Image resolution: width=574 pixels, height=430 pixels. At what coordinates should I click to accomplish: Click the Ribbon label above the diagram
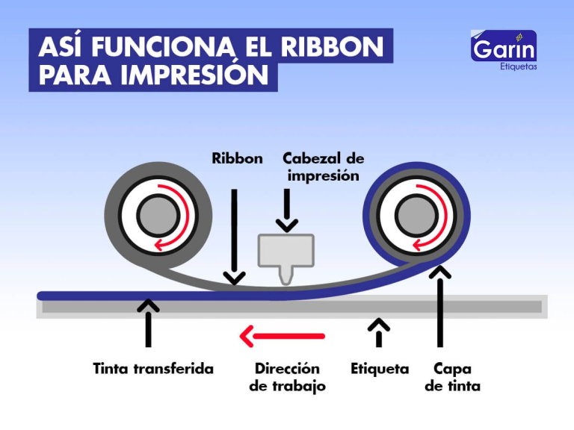coord(237,158)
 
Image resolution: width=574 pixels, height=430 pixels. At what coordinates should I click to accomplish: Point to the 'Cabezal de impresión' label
coord(323,167)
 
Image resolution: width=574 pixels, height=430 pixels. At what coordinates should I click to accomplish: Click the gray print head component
coord(286,253)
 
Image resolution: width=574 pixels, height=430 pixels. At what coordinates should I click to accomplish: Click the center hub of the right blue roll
coord(416,216)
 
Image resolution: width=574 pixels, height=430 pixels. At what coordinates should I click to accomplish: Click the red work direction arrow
coord(282,337)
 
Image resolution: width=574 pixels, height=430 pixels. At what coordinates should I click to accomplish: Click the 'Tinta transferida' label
coord(153,369)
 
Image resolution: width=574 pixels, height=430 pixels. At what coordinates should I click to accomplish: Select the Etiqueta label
coord(380,369)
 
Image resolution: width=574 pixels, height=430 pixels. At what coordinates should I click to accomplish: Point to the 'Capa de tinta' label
coord(452,378)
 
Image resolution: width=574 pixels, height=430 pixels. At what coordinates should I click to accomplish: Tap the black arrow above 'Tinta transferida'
coord(149,322)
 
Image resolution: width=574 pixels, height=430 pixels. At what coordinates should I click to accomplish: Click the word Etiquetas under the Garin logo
coord(518,66)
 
